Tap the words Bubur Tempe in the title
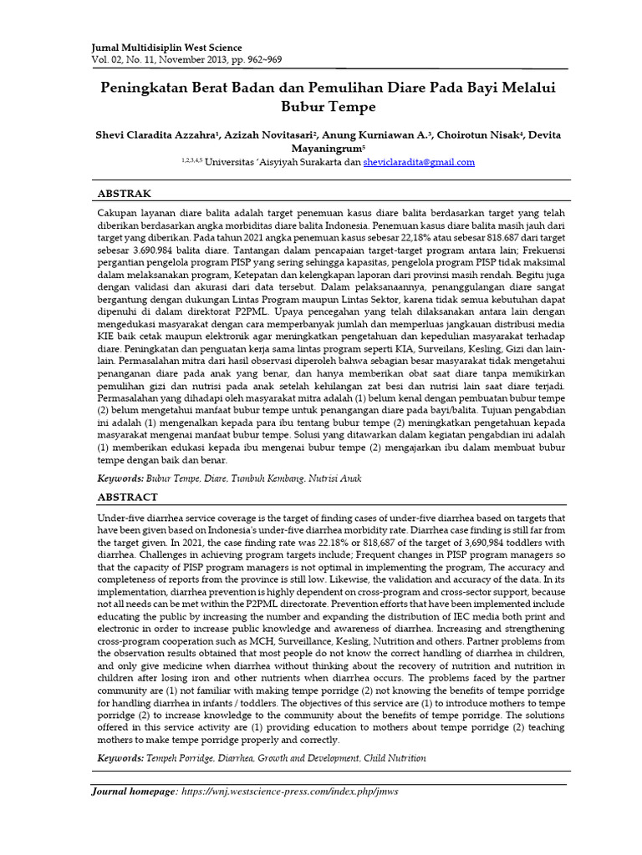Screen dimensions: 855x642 click(x=322, y=107)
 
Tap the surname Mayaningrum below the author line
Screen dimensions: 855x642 click(x=318, y=148)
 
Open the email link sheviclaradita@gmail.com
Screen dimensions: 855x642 click(x=420, y=162)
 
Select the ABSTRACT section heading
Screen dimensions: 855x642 click(x=128, y=497)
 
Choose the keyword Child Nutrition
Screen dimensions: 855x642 click(x=395, y=758)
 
